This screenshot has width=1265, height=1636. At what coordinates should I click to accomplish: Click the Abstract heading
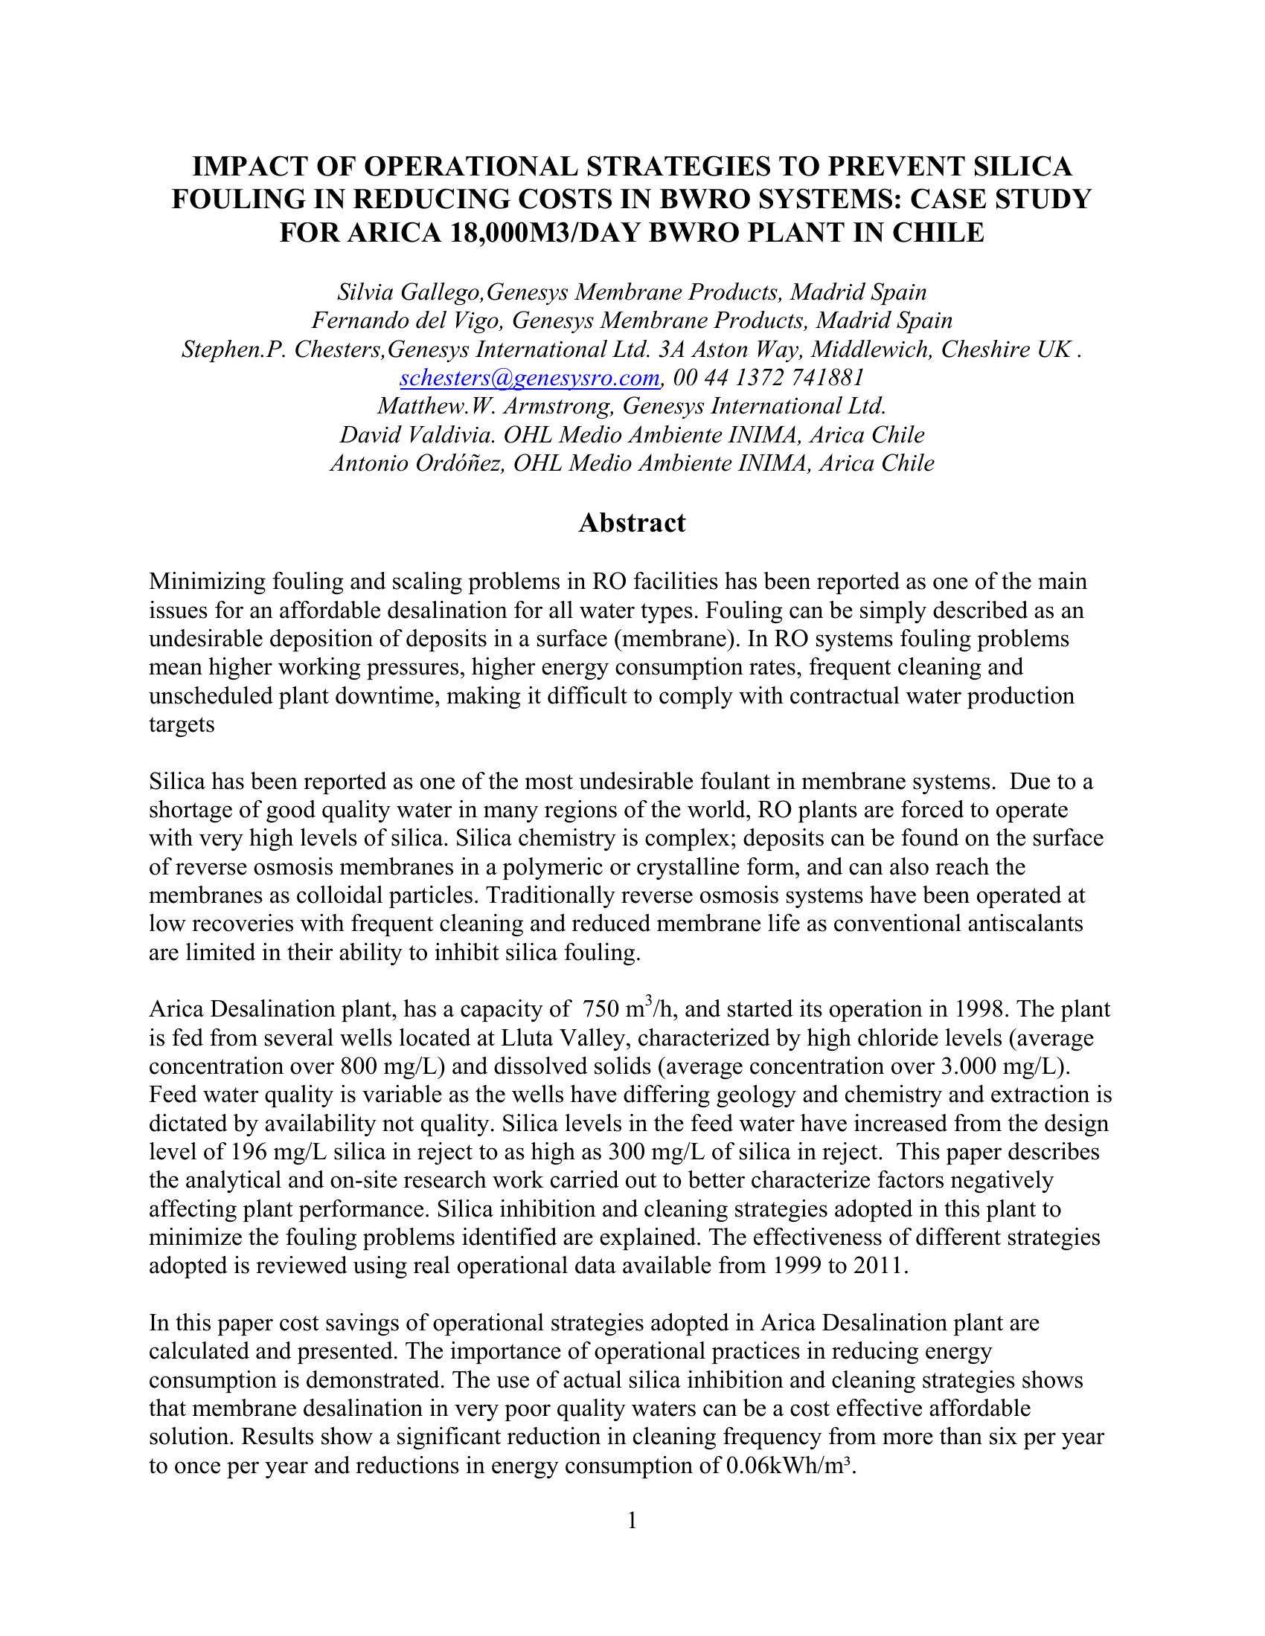[x=632, y=522]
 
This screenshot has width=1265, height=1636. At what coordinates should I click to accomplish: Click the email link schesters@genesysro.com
[x=530, y=378]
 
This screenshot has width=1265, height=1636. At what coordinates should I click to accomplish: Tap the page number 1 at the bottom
[x=632, y=1520]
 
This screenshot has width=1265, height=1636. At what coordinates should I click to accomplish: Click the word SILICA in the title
[x=1019, y=166]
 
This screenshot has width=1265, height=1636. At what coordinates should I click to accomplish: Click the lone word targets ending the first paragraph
[x=182, y=724]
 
